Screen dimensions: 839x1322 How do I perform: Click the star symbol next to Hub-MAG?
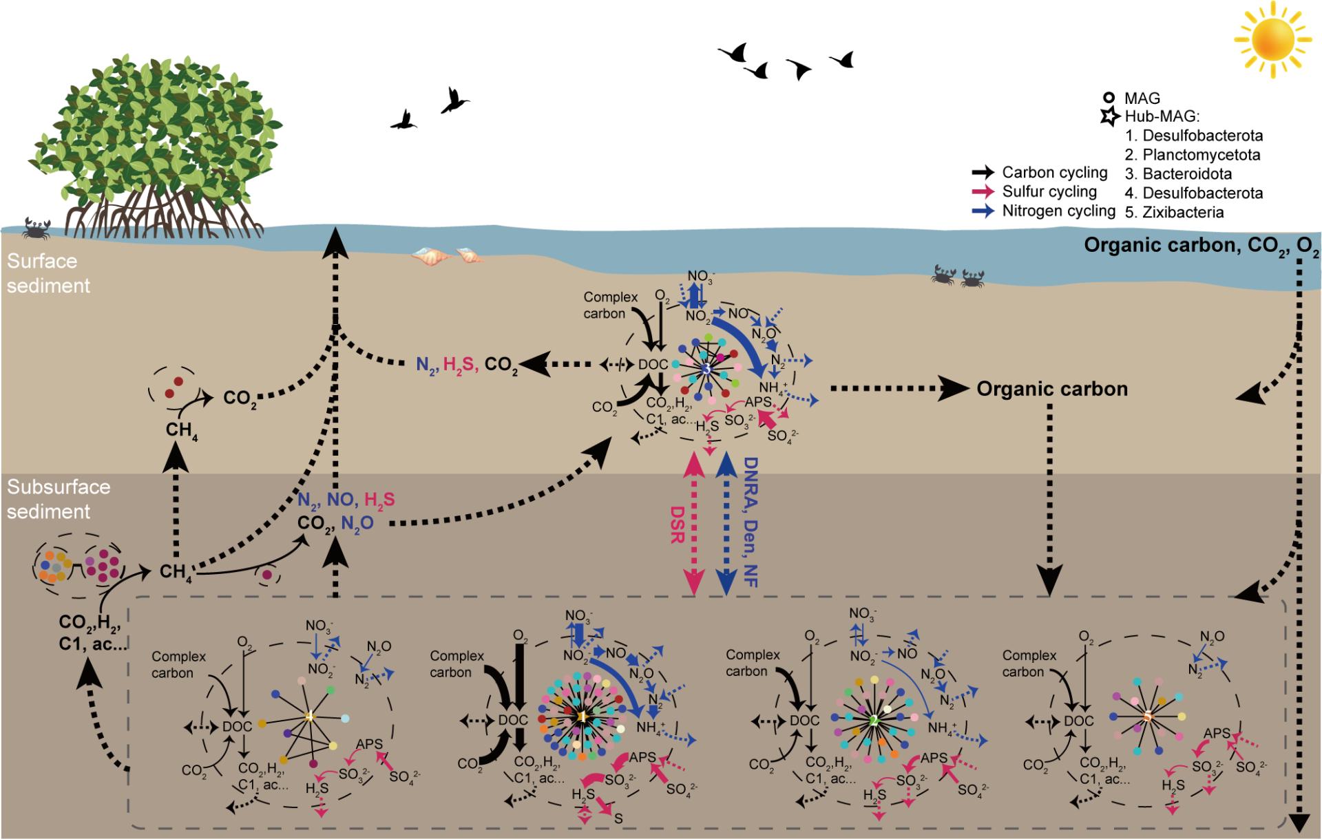click(x=1109, y=117)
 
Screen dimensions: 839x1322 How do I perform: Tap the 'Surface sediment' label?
click(x=48, y=273)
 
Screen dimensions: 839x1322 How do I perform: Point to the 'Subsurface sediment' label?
click(x=59, y=499)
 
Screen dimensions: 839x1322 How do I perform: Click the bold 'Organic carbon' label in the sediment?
click(x=1052, y=389)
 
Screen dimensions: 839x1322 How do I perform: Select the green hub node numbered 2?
click(x=874, y=721)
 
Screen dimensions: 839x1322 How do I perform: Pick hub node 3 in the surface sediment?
click(x=706, y=370)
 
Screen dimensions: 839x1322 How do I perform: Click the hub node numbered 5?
click(x=1147, y=716)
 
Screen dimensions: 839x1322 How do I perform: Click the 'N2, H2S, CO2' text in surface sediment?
click(x=467, y=365)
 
